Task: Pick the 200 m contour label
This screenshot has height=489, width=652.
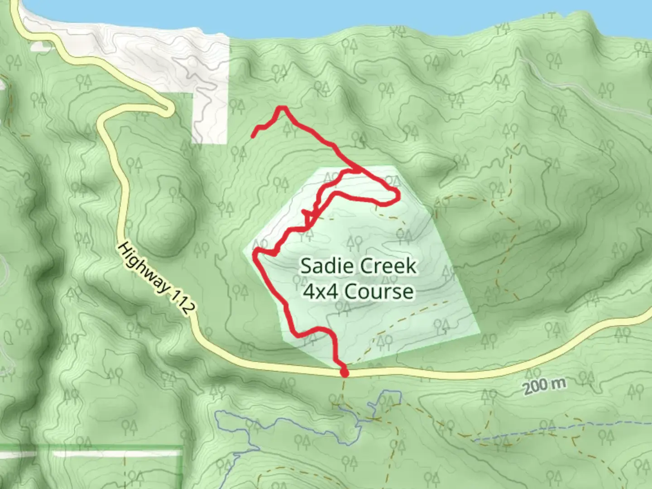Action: tap(545, 386)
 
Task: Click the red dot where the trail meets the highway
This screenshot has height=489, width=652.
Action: tap(345, 373)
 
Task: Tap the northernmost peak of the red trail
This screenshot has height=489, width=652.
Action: tap(282, 108)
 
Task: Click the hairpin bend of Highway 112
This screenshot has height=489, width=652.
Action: tap(169, 109)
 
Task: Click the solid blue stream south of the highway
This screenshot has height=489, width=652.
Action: tap(235, 423)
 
